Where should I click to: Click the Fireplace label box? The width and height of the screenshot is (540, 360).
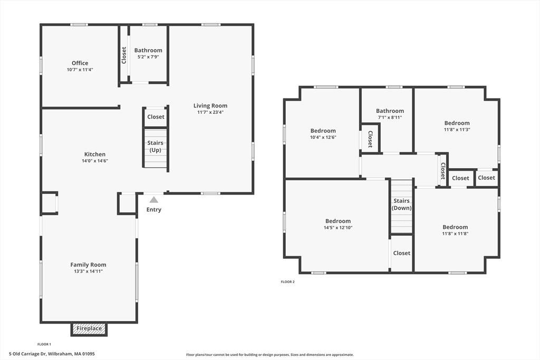click(89, 329)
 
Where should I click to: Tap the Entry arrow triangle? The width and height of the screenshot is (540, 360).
click(153, 200)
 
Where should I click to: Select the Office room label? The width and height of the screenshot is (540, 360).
click(80, 63)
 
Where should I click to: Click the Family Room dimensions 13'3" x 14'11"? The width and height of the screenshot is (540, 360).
click(89, 271)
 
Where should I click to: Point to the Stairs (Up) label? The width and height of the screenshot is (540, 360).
click(156, 147)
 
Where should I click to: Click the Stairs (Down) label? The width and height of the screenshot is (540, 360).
click(401, 205)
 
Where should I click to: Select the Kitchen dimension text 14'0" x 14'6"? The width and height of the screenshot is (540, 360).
click(95, 161)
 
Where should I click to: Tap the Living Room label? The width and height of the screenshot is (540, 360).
click(210, 106)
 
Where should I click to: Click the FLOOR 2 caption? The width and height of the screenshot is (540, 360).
click(287, 282)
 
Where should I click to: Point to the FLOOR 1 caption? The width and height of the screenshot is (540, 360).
click(44, 344)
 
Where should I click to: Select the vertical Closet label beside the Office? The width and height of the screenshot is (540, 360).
click(124, 55)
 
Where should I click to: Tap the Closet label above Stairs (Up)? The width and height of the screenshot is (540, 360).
click(156, 117)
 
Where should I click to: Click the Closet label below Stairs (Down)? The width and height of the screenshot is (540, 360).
click(401, 253)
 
